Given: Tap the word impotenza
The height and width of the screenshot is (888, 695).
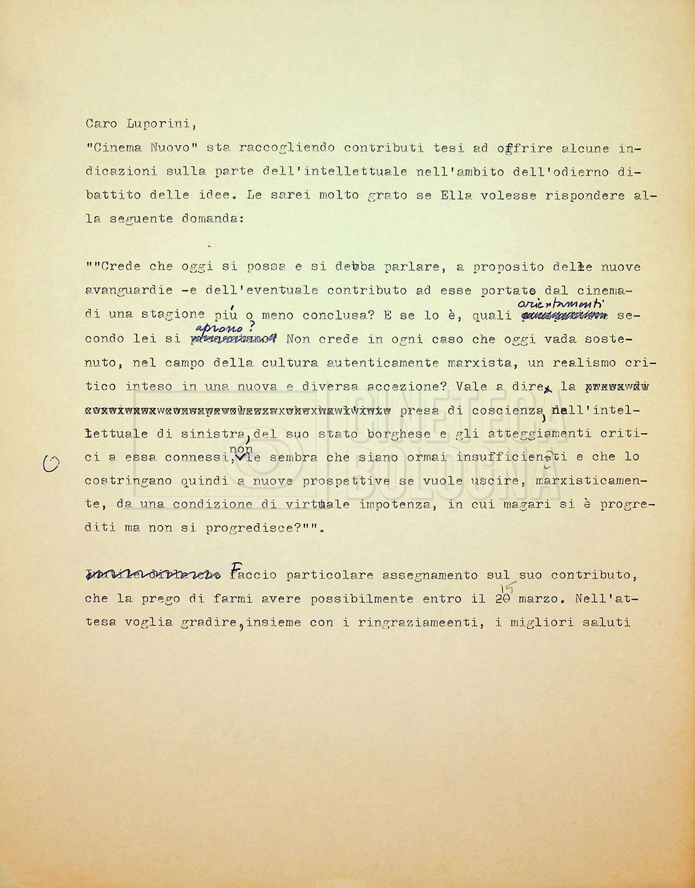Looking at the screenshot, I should (397, 505).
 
